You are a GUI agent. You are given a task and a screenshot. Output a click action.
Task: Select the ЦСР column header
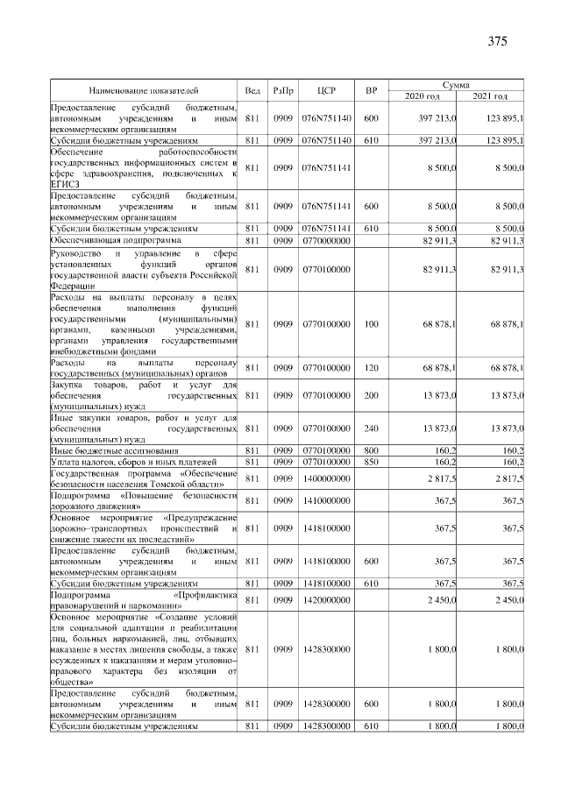tap(326, 90)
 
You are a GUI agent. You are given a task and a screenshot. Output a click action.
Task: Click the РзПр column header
tap(282, 90)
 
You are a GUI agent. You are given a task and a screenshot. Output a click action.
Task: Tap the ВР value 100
tap(371, 324)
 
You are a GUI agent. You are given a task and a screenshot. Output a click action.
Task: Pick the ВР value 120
tap(371, 367)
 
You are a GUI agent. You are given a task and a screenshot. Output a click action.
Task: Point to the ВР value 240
tap(371, 428)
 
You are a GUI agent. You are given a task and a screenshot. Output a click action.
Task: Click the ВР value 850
tap(371, 461)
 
